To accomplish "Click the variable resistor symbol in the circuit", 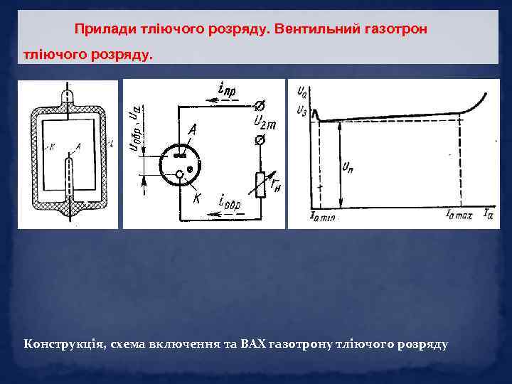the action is (261, 183).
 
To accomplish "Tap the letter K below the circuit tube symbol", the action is (196, 198).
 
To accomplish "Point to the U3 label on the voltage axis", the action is (302, 110).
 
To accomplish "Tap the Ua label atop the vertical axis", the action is (302, 92).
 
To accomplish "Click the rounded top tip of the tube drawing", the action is (68, 95).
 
